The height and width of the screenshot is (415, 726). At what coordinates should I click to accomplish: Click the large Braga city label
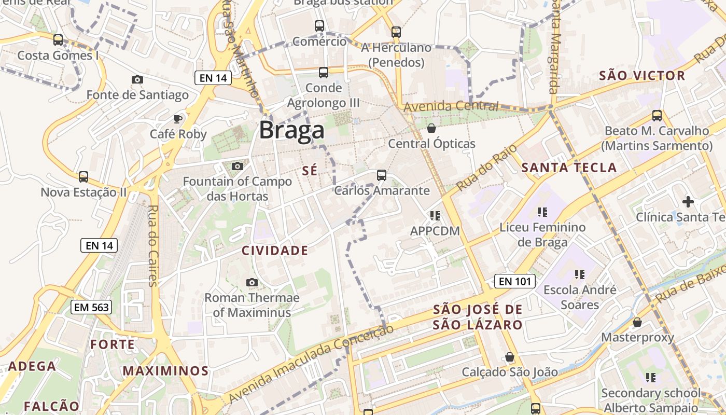pos(291,130)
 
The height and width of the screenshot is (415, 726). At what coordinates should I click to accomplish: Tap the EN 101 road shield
pos(514,281)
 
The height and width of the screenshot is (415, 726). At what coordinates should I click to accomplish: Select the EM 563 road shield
pos(91,307)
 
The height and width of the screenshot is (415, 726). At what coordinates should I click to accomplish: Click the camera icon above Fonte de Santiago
pos(137,79)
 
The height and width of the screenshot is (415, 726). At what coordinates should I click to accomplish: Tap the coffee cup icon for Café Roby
pos(178,119)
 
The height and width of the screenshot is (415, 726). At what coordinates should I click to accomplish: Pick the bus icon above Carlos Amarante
pos(382,175)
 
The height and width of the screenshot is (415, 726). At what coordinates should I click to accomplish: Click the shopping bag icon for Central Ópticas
pos(431,128)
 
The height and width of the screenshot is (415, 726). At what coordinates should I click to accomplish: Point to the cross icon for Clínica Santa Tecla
pos(688,201)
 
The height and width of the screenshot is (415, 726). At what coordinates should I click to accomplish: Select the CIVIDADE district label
pos(275,251)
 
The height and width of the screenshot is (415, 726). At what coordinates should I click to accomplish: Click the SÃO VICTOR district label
pos(642,76)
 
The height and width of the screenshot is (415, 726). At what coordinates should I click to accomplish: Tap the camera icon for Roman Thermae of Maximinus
pos(252,282)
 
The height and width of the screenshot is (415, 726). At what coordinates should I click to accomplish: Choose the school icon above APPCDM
pos(435,215)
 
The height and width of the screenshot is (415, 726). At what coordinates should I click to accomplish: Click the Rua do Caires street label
pos(152,245)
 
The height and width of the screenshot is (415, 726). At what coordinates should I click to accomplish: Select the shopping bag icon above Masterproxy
pos(637,322)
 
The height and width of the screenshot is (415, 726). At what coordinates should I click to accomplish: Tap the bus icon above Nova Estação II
pos(83,177)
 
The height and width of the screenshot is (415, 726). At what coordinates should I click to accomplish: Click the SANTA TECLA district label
pos(569,168)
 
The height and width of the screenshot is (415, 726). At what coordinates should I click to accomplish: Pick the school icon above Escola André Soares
pos(579,274)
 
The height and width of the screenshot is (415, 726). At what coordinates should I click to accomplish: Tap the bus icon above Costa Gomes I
pos(58,39)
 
